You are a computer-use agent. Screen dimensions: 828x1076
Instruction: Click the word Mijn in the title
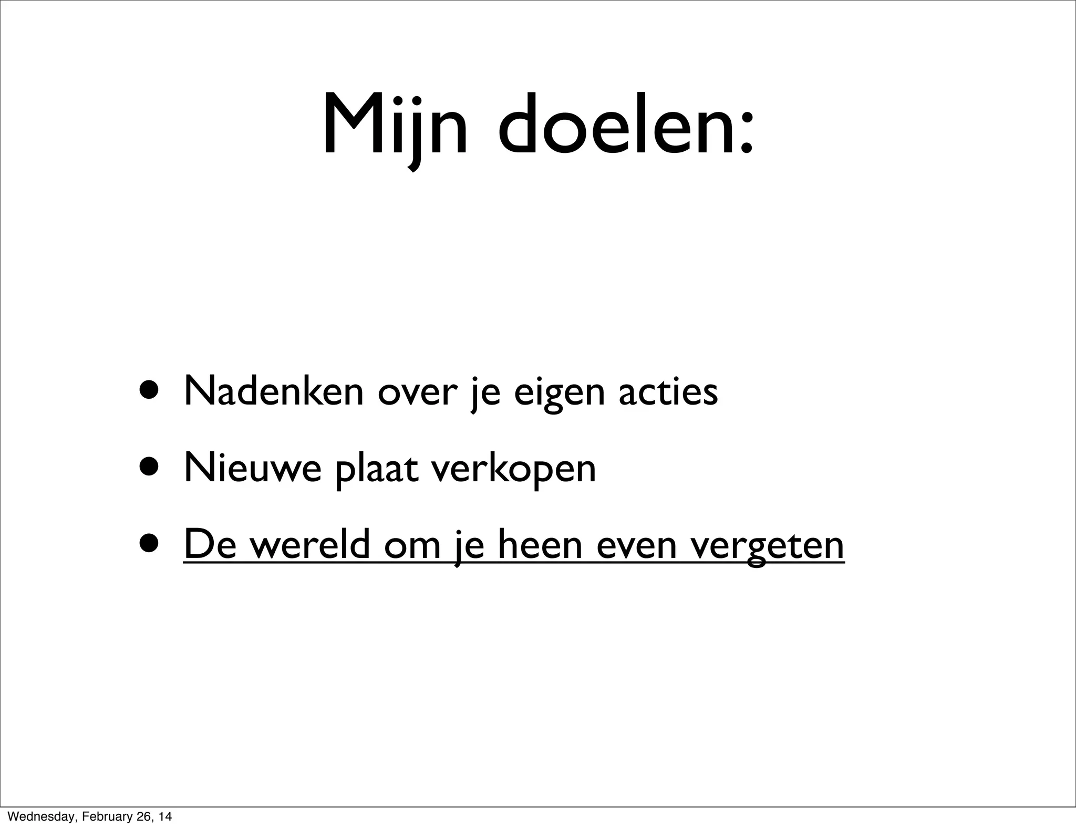coord(394,126)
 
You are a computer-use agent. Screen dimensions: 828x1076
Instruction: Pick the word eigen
coord(559,394)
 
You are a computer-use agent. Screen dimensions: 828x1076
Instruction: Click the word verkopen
coord(513,469)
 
